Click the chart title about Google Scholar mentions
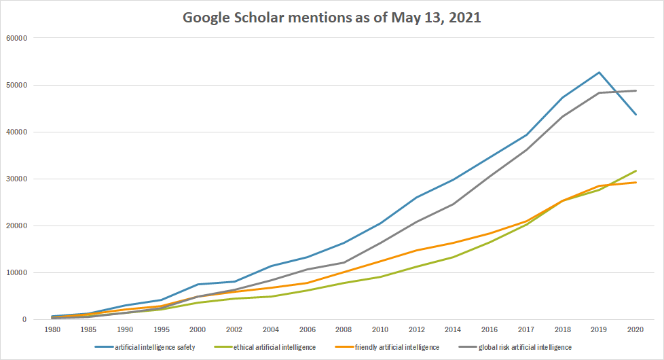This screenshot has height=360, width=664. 332,18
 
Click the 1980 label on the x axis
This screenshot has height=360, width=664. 52,329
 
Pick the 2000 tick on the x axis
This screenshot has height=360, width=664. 197,329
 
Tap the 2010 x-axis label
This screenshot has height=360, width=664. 380,329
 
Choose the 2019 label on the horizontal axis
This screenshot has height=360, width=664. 598,329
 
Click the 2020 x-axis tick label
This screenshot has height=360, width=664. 635,329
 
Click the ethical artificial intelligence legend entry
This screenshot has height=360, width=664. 272,348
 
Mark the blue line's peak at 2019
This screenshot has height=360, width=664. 599,72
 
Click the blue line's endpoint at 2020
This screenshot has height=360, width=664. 635,114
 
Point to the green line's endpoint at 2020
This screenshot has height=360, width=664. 635,170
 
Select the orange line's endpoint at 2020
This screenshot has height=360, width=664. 635,182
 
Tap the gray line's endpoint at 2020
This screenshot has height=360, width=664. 635,91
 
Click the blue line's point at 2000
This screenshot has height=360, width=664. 198,284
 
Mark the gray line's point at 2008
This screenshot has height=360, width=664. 344,262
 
